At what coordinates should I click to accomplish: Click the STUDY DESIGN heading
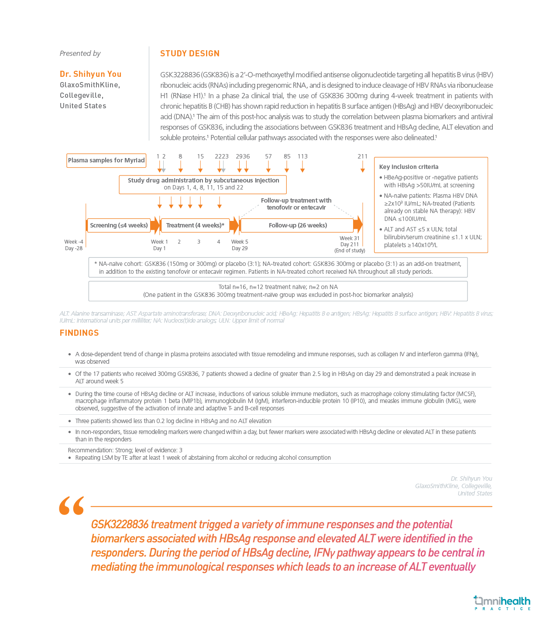(189, 54)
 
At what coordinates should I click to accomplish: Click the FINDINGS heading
(79, 333)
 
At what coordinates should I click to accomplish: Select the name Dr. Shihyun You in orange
(90, 74)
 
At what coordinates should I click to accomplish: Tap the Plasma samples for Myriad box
(106, 160)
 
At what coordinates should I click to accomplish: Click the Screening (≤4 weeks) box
(119, 225)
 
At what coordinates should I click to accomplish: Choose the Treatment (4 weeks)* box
(195, 225)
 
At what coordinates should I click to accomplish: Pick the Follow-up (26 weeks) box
(297, 225)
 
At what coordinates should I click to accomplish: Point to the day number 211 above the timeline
(362, 156)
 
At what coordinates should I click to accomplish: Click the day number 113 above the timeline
(302, 156)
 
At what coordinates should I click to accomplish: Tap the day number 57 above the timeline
(268, 156)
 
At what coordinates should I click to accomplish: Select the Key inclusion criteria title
(409, 167)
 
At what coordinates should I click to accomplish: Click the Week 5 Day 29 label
(240, 245)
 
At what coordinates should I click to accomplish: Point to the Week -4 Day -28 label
(73, 245)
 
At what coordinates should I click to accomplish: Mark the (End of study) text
(350, 251)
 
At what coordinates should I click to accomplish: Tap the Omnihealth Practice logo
(502, 603)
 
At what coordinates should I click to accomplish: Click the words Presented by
(80, 54)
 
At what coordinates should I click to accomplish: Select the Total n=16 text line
(278, 287)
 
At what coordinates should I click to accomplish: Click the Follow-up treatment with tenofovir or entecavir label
(296, 204)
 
